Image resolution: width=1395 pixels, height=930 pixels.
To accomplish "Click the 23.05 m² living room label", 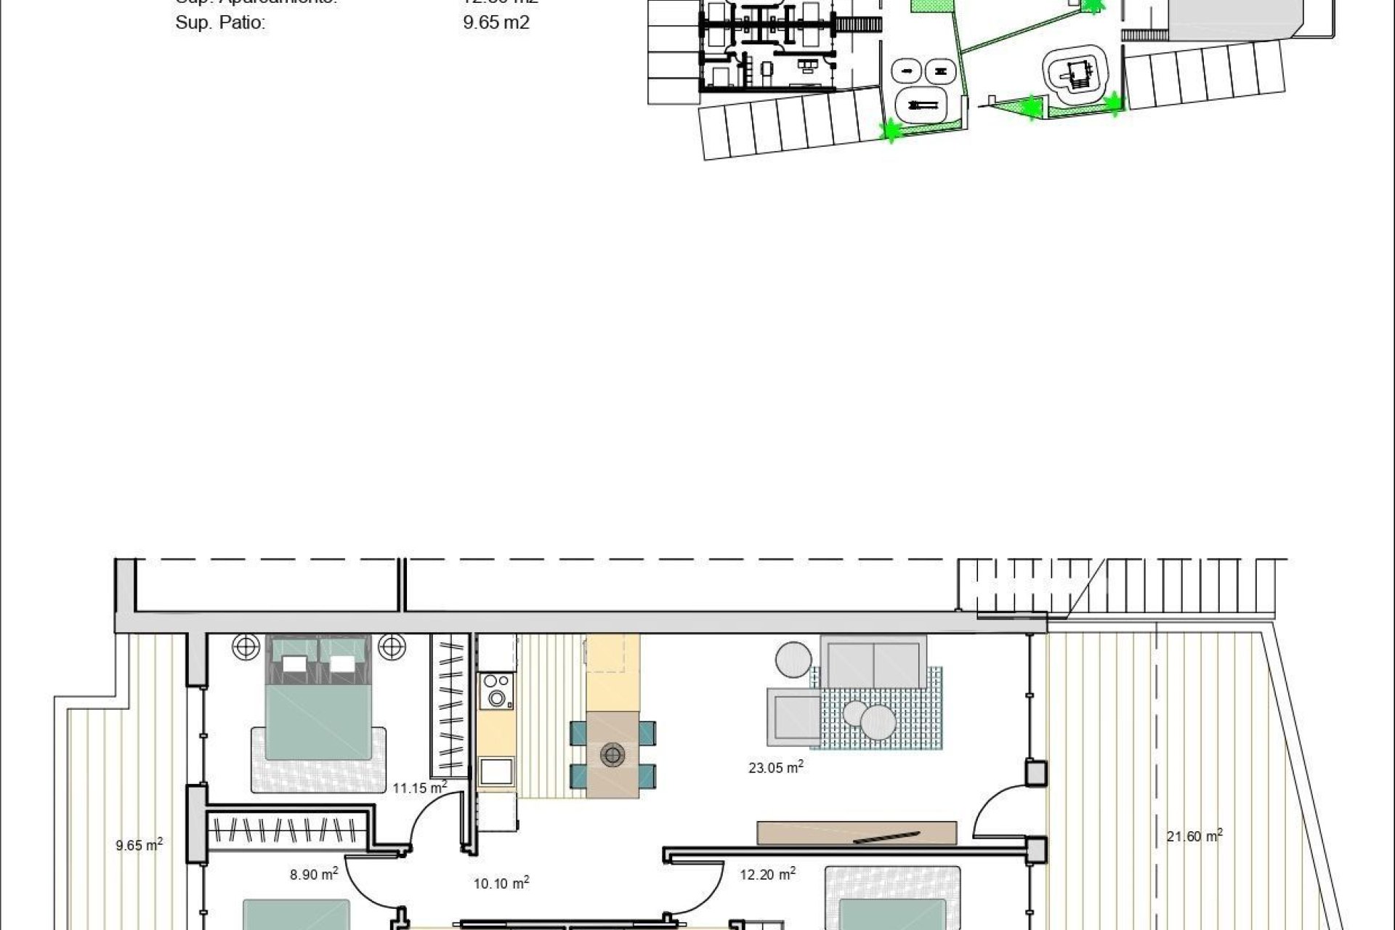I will coord(775,767).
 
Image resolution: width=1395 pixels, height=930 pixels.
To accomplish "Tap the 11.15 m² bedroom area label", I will coord(419,787).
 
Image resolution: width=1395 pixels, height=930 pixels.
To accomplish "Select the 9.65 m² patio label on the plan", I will coord(139,844).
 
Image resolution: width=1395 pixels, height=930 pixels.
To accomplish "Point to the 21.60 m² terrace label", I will coord(1194,836).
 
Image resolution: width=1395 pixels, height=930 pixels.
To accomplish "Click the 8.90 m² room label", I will coord(313,874).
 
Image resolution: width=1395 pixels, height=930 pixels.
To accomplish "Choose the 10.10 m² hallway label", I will coord(501,883).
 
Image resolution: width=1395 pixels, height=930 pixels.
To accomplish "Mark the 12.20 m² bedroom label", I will coord(767,874).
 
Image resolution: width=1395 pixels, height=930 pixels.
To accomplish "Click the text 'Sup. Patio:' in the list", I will coord(220,23).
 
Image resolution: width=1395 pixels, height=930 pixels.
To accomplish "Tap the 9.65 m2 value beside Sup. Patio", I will coord(496,23).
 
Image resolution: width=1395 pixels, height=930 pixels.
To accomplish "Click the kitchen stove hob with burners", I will coord(496,690).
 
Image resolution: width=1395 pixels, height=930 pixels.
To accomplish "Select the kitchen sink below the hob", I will coord(496,771).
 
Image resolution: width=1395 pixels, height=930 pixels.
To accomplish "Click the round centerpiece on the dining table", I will coord(612,756).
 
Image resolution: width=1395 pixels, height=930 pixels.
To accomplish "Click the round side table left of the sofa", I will coord(793,659).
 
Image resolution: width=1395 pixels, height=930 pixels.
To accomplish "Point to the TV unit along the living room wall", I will coord(857,833).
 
